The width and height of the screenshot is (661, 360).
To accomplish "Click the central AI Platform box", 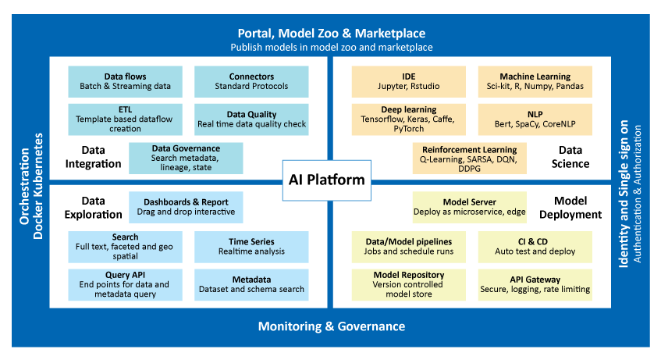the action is (327, 180).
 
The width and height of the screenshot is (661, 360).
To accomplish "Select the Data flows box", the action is (125, 81).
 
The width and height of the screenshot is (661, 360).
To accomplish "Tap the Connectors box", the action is (251, 81).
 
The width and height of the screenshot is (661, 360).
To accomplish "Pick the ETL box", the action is (125, 119).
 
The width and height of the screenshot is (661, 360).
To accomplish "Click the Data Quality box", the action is (251, 119).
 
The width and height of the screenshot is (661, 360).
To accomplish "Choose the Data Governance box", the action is (186, 159).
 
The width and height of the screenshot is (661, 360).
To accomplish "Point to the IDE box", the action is (408, 81).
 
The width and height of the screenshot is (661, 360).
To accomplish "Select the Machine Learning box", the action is (535, 81).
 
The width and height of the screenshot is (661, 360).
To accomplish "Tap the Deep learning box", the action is (408, 119).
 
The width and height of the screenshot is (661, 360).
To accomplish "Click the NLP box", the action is (535, 119).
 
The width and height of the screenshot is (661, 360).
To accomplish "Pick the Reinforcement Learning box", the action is (470, 159).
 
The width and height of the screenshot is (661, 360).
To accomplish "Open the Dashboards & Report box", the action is (186, 207).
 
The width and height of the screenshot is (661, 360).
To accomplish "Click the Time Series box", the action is (251, 247).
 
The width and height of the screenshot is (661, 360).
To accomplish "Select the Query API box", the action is (125, 285).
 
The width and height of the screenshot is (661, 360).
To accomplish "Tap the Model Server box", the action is (470, 207).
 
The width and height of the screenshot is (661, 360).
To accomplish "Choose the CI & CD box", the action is (535, 247).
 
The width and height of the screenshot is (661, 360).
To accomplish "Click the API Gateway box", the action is (535, 285).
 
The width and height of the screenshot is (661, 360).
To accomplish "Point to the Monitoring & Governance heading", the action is (332, 326).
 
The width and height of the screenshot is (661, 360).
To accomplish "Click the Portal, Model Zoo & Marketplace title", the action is (332, 34).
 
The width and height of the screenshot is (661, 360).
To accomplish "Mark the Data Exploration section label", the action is (93, 208).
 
